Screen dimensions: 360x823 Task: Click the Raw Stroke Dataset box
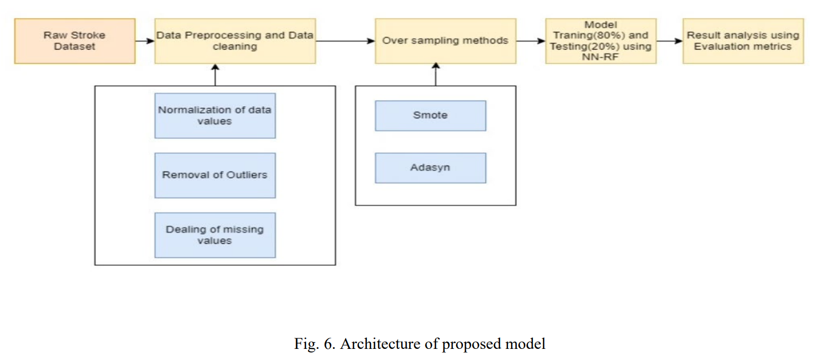(75, 41)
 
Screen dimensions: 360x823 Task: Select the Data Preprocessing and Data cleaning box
(235, 41)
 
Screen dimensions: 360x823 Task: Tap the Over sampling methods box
(445, 41)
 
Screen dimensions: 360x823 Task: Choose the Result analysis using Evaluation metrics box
(743, 41)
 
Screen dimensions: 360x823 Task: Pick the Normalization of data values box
(215, 116)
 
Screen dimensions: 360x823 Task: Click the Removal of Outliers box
(215, 175)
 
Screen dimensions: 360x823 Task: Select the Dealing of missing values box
(215, 235)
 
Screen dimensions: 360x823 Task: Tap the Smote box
(430, 115)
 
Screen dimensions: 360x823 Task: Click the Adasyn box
(430, 168)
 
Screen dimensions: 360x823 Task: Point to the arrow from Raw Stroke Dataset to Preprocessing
(144, 41)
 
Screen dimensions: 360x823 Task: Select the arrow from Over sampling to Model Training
(530, 41)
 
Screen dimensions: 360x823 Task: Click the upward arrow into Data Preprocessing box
(215, 75)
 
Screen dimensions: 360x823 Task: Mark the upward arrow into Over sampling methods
(436, 75)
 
